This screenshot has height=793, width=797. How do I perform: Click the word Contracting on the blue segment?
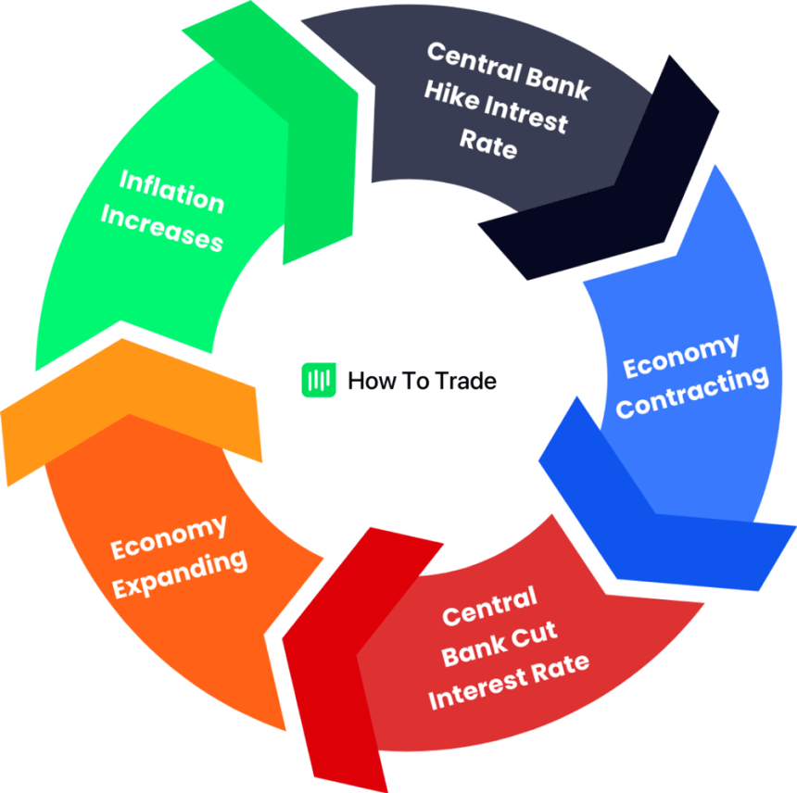(x=692, y=390)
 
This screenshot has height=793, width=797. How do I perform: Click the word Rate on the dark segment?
(x=487, y=145)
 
